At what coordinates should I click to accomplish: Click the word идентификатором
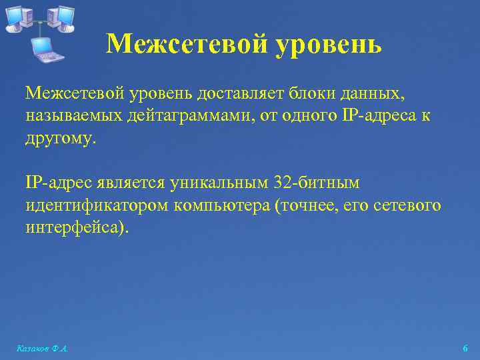(x=97, y=206)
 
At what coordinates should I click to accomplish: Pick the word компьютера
(x=221, y=206)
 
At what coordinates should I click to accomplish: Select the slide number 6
(x=465, y=349)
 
